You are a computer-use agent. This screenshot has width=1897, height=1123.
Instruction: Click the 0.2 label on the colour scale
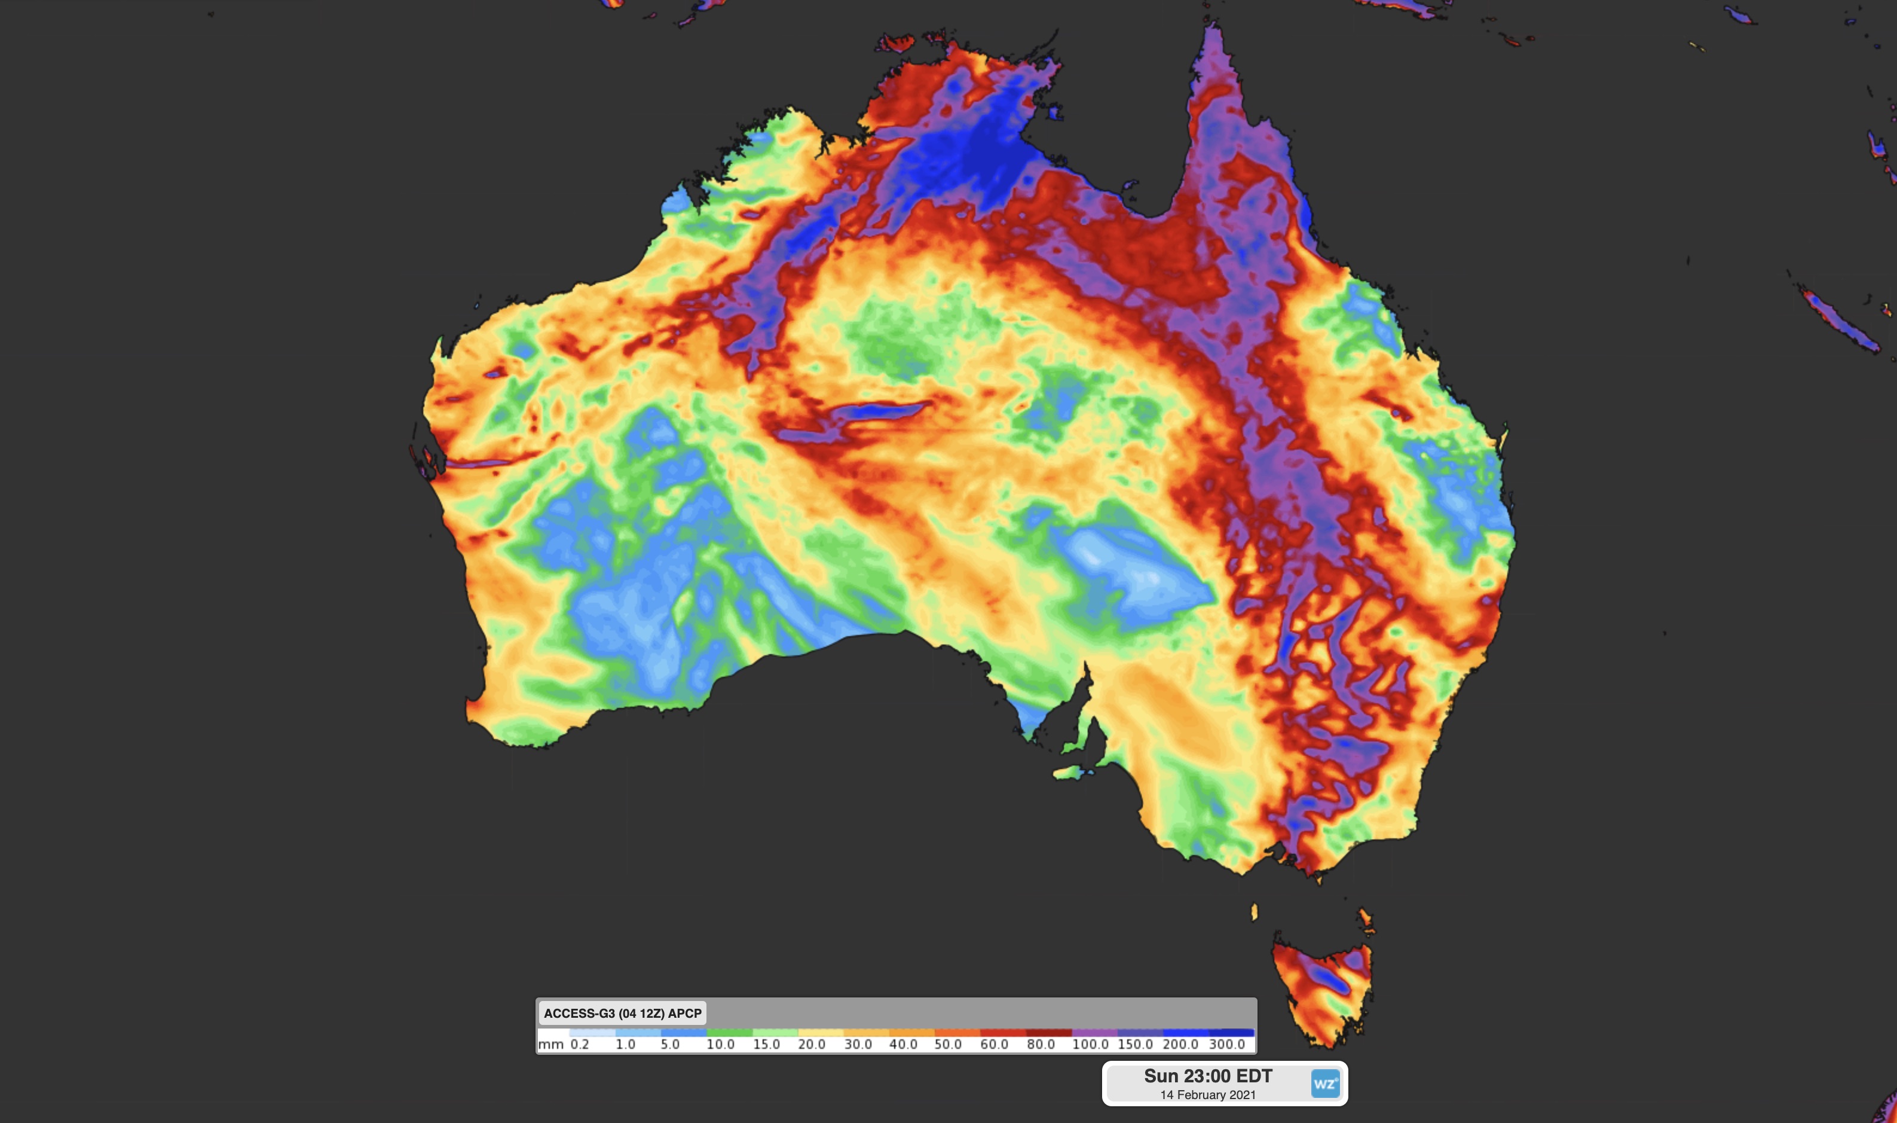[x=579, y=1044]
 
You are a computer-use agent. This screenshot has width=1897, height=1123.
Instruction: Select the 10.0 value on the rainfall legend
[x=720, y=1044]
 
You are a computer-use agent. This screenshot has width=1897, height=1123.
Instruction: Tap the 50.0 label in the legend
[x=948, y=1044]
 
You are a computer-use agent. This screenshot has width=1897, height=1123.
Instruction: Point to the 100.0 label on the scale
[x=1090, y=1044]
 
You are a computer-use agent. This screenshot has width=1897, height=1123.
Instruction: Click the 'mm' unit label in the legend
[x=550, y=1044]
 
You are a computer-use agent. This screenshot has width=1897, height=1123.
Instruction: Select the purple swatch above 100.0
[x=1094, y=1032]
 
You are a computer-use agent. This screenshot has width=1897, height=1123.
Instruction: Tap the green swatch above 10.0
[x=729, y=1032]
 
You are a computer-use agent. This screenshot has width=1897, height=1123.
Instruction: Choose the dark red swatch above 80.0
[x=1048, y=1032]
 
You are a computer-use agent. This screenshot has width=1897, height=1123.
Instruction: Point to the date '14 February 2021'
[x=1208, y=1095]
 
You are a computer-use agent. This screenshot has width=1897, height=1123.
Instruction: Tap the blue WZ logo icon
[x=1324, y=1084]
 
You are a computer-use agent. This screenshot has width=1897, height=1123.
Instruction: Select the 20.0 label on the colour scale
[x=812, y=1044]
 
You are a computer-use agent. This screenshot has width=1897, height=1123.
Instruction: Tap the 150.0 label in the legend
[x=1136, y=1044]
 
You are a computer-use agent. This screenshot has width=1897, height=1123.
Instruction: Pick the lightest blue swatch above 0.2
[x=592, y=1032]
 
